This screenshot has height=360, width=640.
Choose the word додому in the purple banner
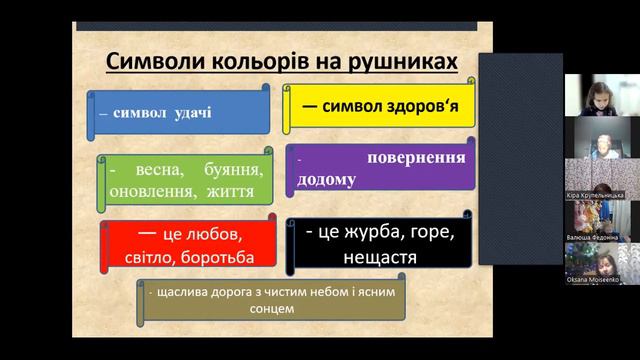tap(325, 181)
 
